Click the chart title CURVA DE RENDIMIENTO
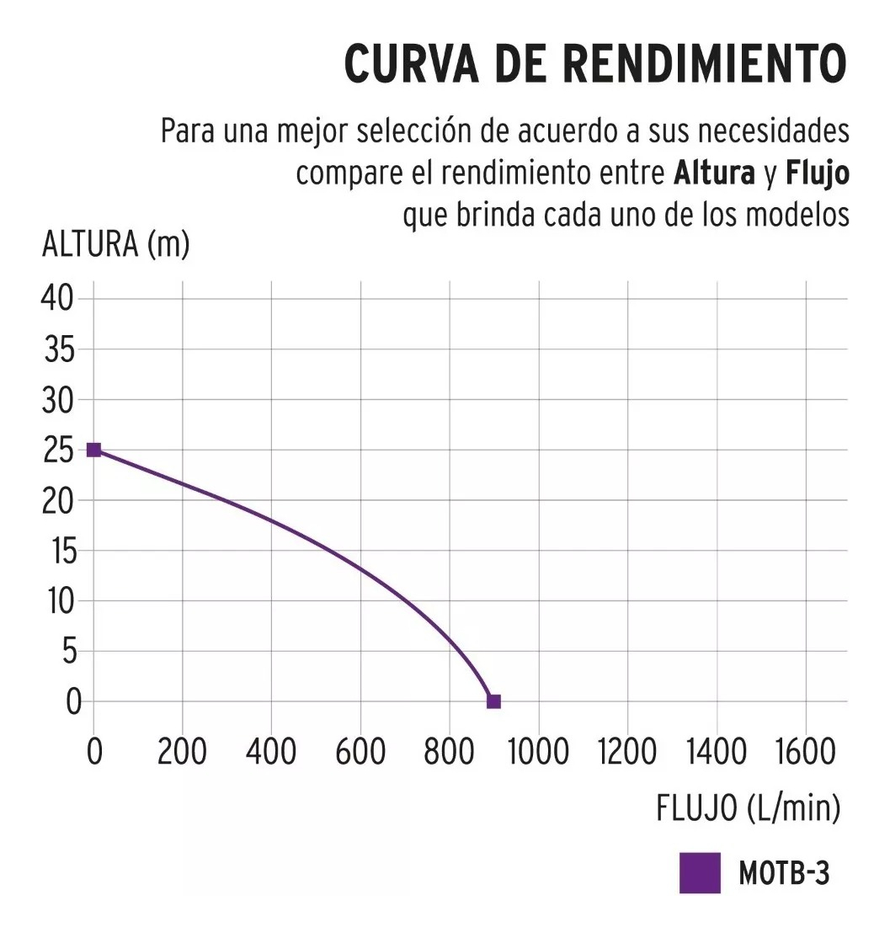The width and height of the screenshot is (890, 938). pos(594,64)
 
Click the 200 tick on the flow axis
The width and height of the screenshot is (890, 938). pos(182,752)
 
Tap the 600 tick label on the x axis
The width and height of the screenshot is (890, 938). pos(360,752)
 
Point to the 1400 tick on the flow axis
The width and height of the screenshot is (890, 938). pos(716,752)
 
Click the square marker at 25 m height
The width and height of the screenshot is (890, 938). pos(93,450)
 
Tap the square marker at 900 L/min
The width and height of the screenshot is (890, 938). pos(493,701)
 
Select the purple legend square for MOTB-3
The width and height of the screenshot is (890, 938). pos(700,873)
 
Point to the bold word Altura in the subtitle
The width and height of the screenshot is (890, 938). pos(714,174)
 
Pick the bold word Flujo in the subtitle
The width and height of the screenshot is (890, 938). pos(817,175)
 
